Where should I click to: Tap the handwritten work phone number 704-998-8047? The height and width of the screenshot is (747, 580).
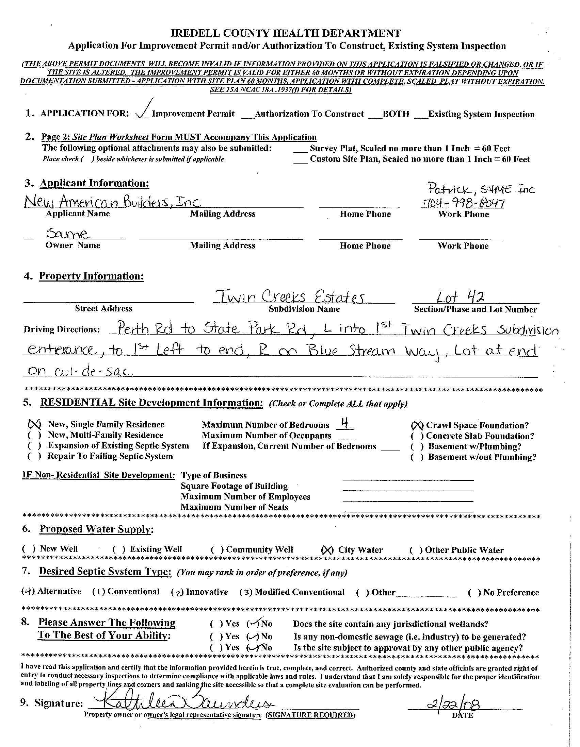(462, 204)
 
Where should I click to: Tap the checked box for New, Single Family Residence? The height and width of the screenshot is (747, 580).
(34, 424)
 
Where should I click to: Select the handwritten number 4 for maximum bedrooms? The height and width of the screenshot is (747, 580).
(345, 424)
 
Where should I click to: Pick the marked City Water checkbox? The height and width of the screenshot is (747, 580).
(327, 550)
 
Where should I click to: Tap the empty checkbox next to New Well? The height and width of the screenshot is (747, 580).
(29, 549)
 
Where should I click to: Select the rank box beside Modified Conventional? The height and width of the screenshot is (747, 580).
(246, 592)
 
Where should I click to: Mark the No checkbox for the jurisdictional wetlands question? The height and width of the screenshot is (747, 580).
(253, 624)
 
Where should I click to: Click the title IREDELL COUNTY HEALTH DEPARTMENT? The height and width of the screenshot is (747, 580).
(286, 33)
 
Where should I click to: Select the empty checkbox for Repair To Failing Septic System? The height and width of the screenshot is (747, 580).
(35, 456)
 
